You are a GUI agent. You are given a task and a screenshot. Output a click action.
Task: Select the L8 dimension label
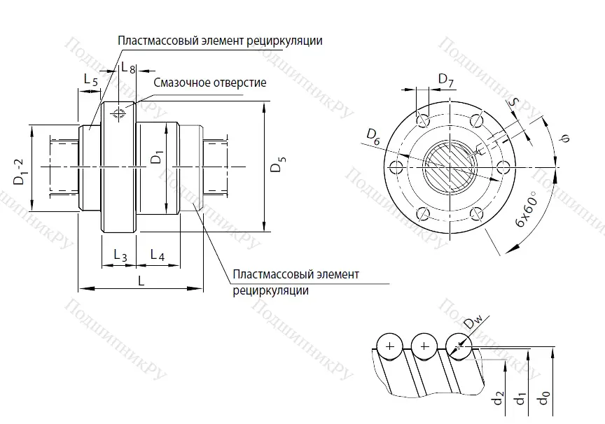[x=128, y=68]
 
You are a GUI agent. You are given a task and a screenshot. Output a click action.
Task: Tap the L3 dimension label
[x=120, y=257]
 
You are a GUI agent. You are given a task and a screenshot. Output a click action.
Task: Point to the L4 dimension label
[x=157, y=257]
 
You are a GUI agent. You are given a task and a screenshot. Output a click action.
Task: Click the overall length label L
[x=141, y=281]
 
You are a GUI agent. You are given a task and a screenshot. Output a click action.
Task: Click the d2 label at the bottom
[x=497, y=400]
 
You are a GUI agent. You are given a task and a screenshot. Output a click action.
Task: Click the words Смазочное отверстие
[x=210, y=83]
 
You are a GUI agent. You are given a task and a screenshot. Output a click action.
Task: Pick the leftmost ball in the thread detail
[x=389, y=345]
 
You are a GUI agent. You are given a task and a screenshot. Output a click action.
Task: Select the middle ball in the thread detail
[x=423, y=345]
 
